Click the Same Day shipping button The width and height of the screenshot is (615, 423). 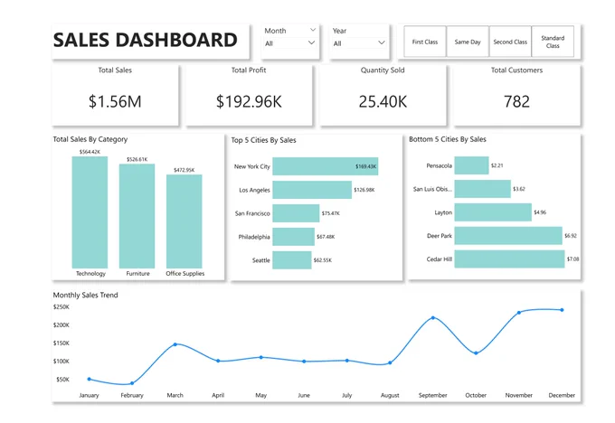pyautogui.click(x=468, y=42)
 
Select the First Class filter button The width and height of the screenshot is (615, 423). pyautogui.click(x=425, y=42)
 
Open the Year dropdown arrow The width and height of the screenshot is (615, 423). pyautogui.click(x=382, y=42)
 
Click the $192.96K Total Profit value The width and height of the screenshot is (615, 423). pyautogui.click(x=249, y=101)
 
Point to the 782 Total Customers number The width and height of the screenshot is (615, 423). pyautogui.click(x=516, y=101)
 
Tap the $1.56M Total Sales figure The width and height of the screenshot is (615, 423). pyautogui.click(x=115, y=101)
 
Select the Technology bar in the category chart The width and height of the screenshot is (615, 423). pyautogui.click(x=90, y=212)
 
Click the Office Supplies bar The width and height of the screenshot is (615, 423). pyautogui.click(x=184, y=221)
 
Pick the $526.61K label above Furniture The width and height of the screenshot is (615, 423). pyautogui.click(x=137, y=160)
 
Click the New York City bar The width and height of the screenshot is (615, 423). pyautogui.click(x=326, y=166)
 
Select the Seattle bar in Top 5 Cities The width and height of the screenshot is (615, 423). pyautogui.click(x=292, y=260)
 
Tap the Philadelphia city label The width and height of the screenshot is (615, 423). pyautogui.click(x=254, y=237)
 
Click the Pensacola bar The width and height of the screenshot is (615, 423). pyautogui.click(x=471, y=165)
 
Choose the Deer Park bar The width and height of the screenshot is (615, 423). pyautogui.click(x=508, y=236)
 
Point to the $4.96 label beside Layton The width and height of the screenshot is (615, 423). pyautogui.click(x=540, y=212)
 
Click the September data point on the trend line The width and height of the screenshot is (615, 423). pyautogui.click(x=433, y=317)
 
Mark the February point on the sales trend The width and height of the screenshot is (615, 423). pyautogui.click(x=132, y=383)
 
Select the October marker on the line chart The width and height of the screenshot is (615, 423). pyautogui.click(x=476, y=352)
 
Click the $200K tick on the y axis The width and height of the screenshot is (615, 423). pyautogui.click(x=61, y=325)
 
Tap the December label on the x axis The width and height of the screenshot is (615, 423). pyautogui.click(x=562, y=395)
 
